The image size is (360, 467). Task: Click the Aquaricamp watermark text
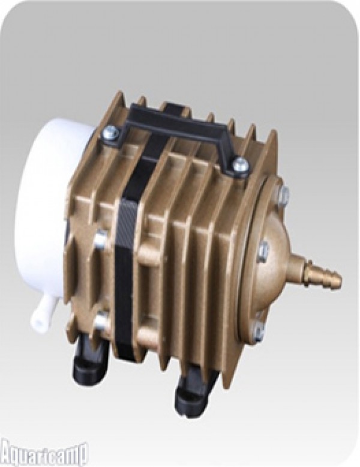coord(41,454)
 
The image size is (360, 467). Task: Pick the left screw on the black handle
coord(111,132)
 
